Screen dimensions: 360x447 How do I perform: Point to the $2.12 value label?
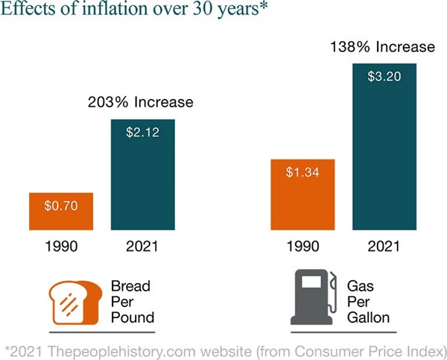143,133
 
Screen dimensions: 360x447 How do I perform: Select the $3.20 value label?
384,76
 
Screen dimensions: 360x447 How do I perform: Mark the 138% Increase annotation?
383,47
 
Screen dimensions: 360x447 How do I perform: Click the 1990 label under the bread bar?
61,247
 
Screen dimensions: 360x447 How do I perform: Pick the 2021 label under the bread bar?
143,247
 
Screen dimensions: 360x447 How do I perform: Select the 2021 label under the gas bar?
384,247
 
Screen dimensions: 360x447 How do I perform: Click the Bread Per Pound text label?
132,302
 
